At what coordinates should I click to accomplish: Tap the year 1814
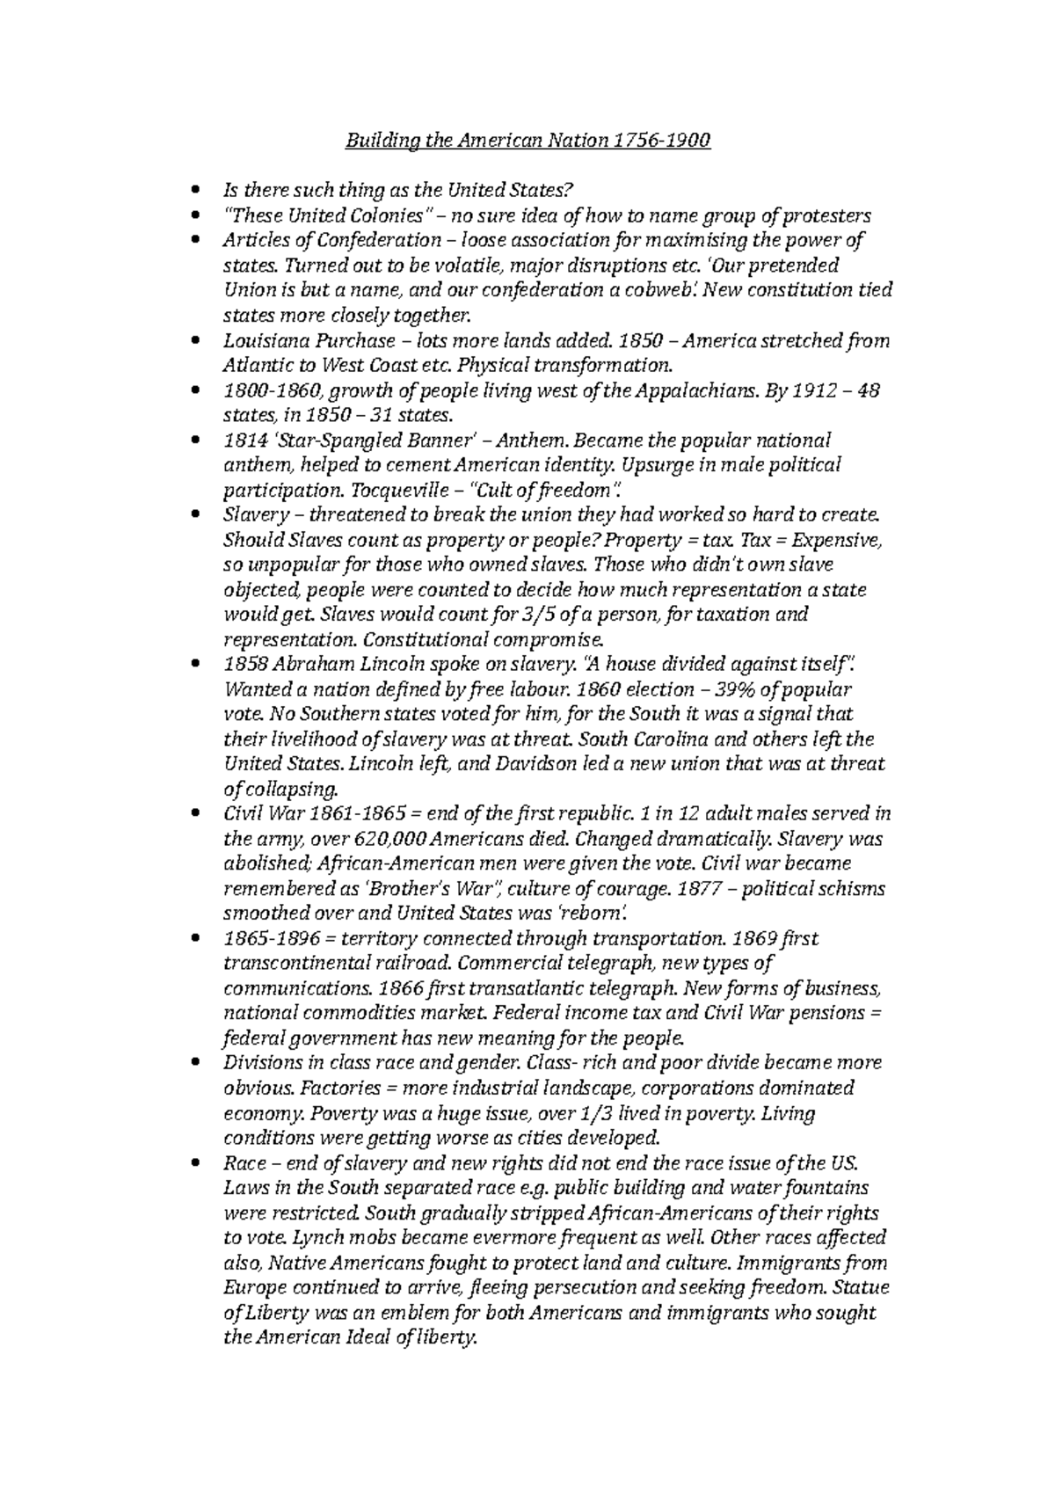[244, 440]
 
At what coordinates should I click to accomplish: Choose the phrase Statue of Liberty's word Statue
[861, 1287]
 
